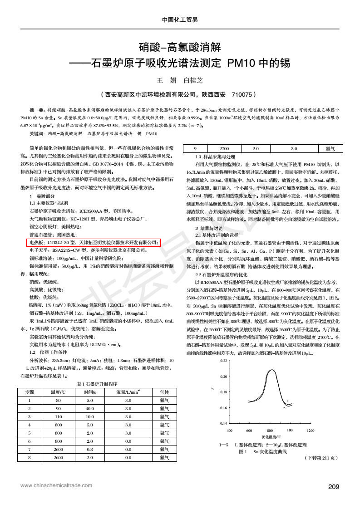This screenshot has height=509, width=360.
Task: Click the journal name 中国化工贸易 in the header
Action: (180, 20)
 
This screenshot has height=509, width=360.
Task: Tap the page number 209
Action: (334, 487)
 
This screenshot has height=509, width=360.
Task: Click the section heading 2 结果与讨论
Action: (209, 228)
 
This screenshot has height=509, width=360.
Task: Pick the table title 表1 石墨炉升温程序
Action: (95, 383)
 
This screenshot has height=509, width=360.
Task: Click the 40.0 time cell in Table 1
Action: (89, 408)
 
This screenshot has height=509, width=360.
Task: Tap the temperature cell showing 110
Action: (58, 416)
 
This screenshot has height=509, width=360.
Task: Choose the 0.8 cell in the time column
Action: (89, 449)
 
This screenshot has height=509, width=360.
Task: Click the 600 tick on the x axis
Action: (249, 430)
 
